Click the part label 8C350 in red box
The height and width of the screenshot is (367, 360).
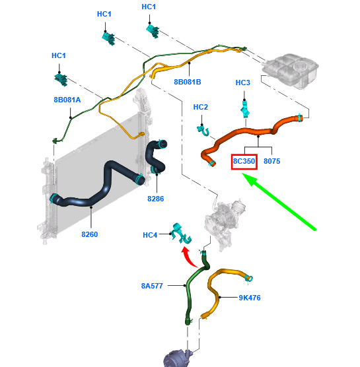pyautogui.click(x=244, y=161)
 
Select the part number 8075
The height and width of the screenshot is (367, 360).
pyautogui.click(x=272, y=161)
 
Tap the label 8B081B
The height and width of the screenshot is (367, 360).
pyautogui.click(x=188, y=82)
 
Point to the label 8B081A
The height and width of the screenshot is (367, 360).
pyautogui.click(x=67, y=100)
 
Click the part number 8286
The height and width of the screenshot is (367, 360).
pyautogui.click(x=155, y=199)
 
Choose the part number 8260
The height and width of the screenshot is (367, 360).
pyautogui.click(x=89, y=234)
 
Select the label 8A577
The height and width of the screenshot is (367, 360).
pyautogui.click(x=152, y=286)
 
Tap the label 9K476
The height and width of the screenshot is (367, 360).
pyautogui.click(x=250, y=298)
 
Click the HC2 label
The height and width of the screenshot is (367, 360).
pyautogui.click(x=201, y=107)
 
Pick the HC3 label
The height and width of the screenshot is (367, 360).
pyautogui.click(x=243, y=83)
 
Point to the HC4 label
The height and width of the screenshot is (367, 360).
pyautogui.click(x=150, y=235)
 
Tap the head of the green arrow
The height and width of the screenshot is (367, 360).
pyautogui.click(x=248, y=179)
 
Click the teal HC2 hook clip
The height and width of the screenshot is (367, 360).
pyautogui.click(x=203, y=131)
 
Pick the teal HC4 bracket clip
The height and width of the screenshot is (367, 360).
pyautogui.click(x=181, y=234)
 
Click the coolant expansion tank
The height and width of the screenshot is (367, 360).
pyautogui.click(x=291, y=71)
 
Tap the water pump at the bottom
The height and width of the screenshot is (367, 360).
pyautogui.click(x=178, y=358)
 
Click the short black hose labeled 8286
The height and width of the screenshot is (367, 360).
pyautogui.click(x=157, y=157)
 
